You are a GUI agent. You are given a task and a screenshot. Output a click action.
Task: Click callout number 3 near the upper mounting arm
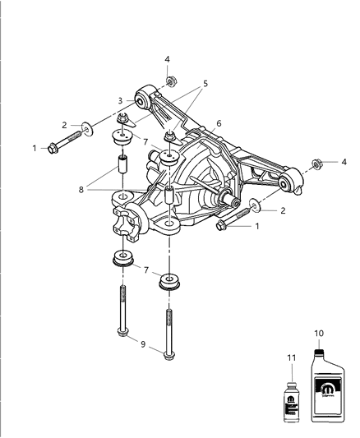[x=119, y=100]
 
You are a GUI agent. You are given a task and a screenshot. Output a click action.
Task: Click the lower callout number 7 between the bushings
[x=145, y=270]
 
